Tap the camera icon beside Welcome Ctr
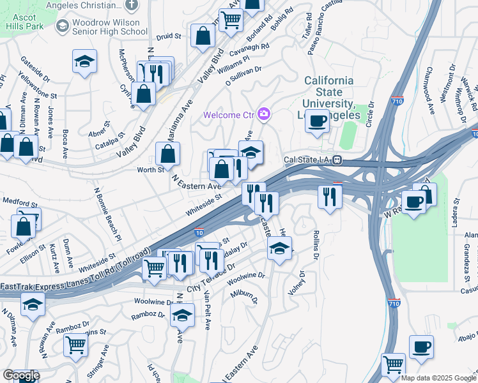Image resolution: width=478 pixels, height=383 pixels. pos(263,115)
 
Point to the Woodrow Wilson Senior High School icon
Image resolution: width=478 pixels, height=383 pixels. pos(62,26)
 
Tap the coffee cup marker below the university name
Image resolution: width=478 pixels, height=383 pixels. pos(317,121)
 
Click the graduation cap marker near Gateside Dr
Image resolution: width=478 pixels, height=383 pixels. pos(84,62)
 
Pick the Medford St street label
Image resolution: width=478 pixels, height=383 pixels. pos(16,201)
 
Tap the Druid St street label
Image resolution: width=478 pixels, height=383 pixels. pos(169,36)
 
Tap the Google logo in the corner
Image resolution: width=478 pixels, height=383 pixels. pos(20,375)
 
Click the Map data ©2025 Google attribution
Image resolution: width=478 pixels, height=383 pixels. pos(438,378)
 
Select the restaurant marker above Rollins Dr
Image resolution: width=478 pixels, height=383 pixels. pos(330,196)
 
